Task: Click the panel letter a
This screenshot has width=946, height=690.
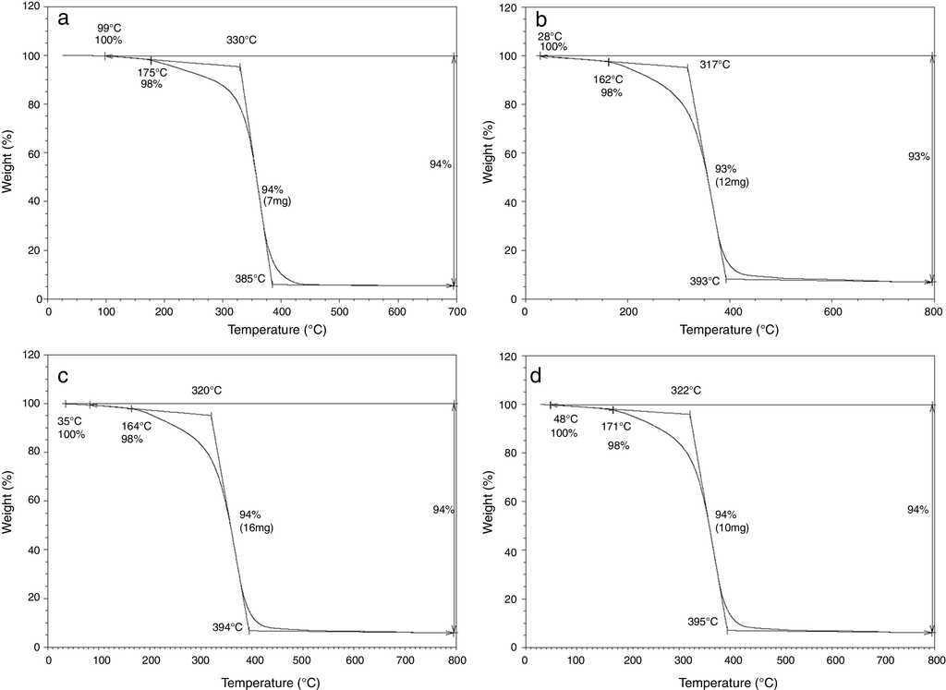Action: point(63,18)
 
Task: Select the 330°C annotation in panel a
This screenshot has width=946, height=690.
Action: point(241,41)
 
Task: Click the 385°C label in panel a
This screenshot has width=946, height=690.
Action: point(249,278)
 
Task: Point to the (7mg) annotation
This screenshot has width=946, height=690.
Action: point(276,201)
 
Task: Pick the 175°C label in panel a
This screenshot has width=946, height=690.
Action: point(152,72)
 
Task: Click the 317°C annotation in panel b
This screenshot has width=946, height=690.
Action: point(714,65)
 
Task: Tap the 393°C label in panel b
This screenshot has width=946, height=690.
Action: point(705,281)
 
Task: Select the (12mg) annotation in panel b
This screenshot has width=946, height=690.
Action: point(732,182)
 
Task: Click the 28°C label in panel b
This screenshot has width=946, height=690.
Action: point(551,36)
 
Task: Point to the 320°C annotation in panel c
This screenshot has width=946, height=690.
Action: point(207,391)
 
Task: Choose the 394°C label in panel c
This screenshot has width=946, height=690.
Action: point(227,626)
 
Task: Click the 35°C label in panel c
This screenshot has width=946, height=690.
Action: point(71,421)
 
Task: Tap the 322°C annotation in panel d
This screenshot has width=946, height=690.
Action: point(685,391)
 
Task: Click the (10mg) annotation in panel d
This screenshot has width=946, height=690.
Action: point(732,527)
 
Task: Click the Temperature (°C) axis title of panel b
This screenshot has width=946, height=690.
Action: point(730,330)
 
